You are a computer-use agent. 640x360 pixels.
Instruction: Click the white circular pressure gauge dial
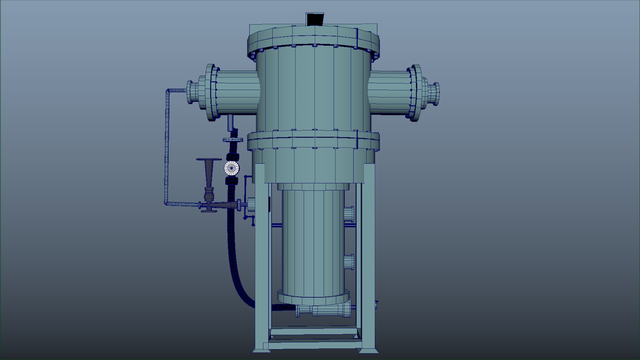(x=231, y=168)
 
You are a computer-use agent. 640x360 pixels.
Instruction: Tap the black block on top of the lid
(x=315, y=19)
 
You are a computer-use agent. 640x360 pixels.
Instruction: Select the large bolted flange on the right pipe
(x=415, y=93)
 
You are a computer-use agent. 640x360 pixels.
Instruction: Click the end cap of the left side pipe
(x=192, y=92)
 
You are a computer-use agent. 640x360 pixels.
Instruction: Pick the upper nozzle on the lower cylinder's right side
(x=349, y=214)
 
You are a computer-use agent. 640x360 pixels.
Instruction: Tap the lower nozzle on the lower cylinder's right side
(x=349, y=262)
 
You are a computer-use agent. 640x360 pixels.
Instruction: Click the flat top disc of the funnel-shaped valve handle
(x=209, y=160)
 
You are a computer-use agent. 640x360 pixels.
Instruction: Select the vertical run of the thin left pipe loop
(x=167, y=147)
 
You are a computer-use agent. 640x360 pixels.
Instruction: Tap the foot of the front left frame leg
(x=261, y=349)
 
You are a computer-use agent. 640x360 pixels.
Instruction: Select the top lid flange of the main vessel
(x=313, y=40)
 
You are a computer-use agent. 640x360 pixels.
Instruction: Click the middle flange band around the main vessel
(x=313, y=140)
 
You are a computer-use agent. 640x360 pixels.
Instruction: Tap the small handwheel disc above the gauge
(x=233, y=140)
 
